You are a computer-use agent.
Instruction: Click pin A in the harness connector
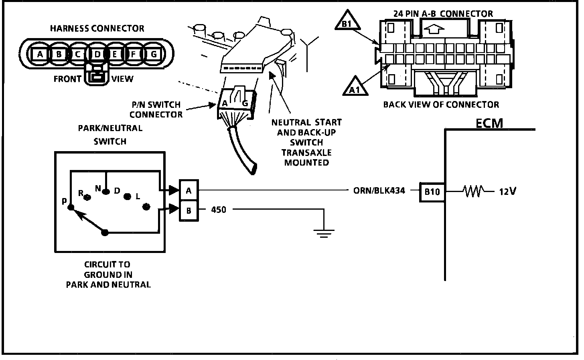tap(39, 54)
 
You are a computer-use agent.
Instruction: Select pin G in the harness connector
tap(154, 54)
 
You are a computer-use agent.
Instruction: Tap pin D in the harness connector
tap(97, 54)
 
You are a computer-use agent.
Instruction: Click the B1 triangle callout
tap(347, 23)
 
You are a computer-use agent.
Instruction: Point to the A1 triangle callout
tap(355, 87)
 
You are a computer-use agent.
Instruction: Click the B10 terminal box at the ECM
tap(432, 192)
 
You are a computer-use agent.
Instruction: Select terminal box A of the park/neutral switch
tap(189, 190)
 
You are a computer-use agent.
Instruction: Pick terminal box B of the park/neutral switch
tap(189, 210)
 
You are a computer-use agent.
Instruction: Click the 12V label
tap(507, 192)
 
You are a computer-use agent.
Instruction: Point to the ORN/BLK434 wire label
tap(379, 191)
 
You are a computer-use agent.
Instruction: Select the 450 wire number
tap(219, 210)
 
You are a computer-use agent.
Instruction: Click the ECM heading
tap(489, 123)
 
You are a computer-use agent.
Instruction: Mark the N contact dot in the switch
tap(106, 192)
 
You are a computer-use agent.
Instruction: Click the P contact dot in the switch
tap(71, 208)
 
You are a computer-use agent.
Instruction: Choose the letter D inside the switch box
tap(117, 191)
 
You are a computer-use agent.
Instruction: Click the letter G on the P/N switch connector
tap(245, 103)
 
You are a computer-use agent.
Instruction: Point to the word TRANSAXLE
tap(306, 153)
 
